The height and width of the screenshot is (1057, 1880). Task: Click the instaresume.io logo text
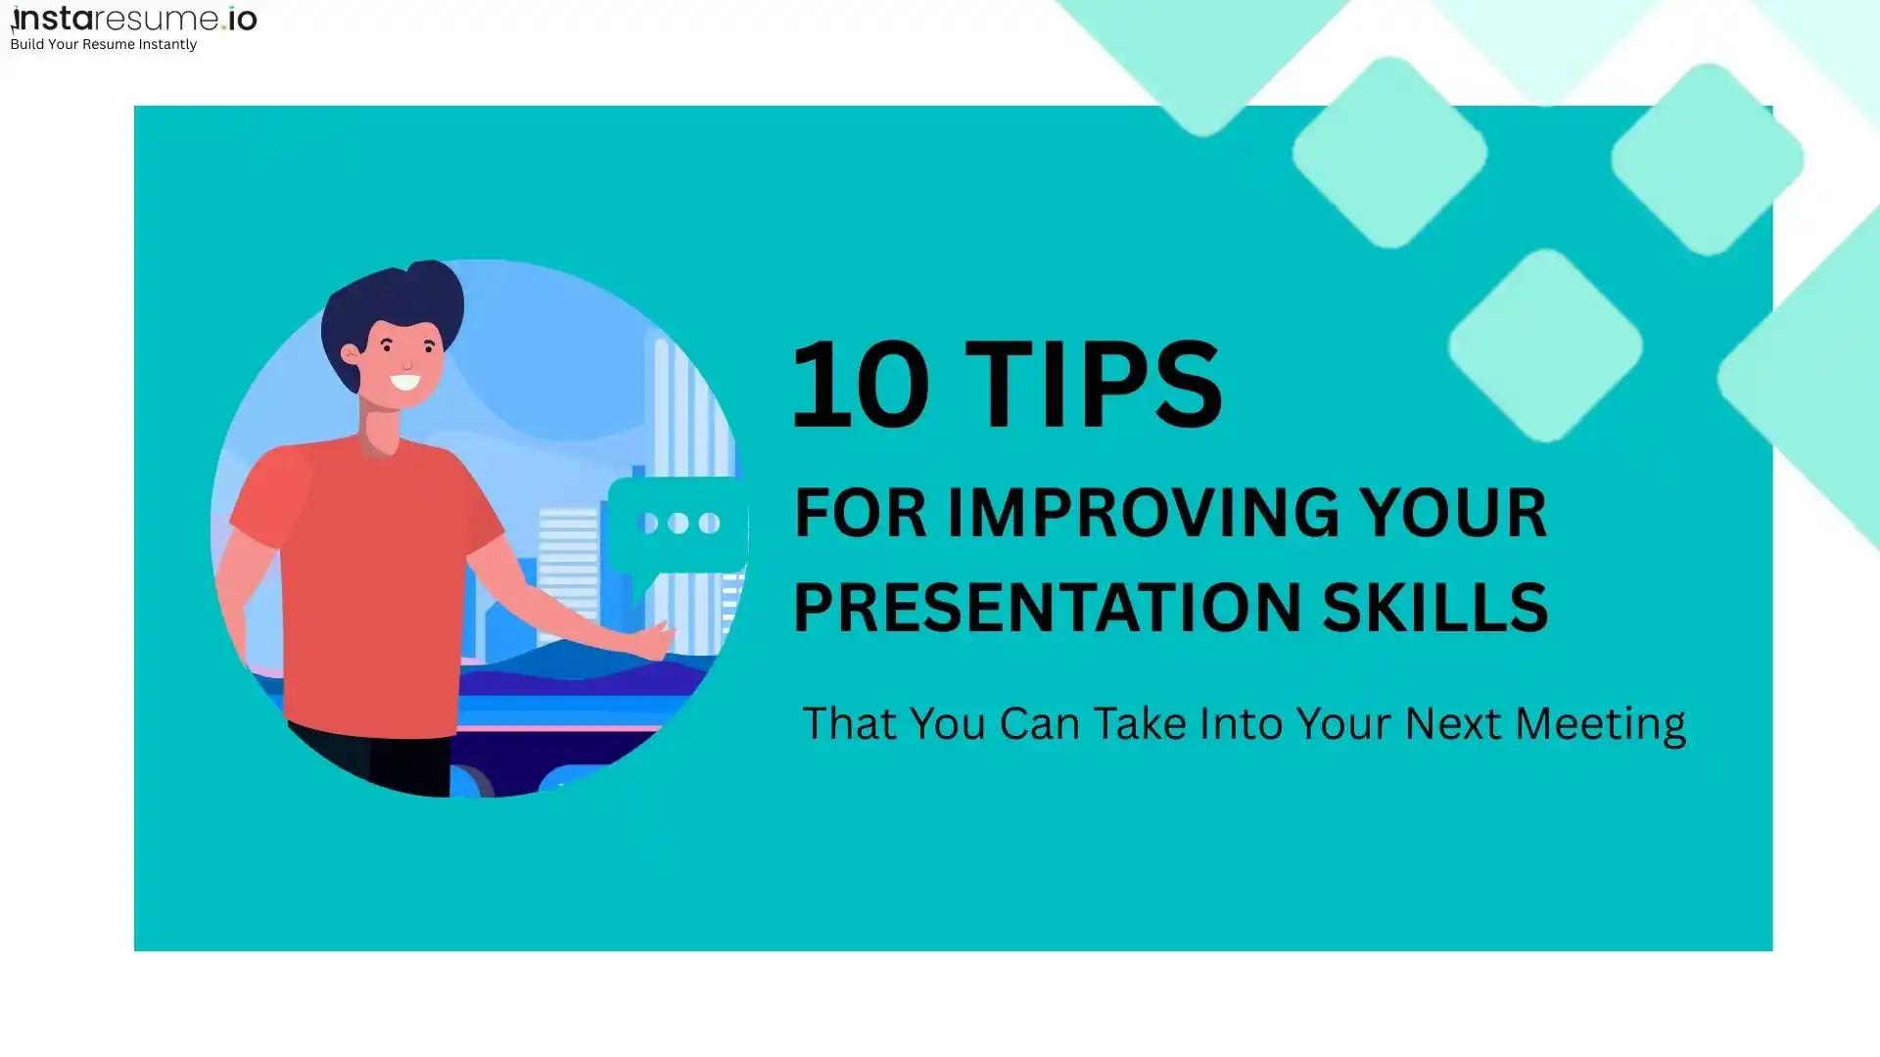(x=134, y=19)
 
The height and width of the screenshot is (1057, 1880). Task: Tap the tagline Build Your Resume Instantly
(x=103, y=45)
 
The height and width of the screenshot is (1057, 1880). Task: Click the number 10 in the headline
(x=860, y=385)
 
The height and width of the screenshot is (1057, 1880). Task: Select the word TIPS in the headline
(x=1099, y=385)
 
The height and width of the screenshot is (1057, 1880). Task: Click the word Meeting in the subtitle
(x=1599, y=724)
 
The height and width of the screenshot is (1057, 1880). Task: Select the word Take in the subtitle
(x=1140, y=724)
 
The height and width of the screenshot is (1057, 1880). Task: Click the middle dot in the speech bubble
(x=678, y=524)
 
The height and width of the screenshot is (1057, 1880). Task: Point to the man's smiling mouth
(x=404, y=382)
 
